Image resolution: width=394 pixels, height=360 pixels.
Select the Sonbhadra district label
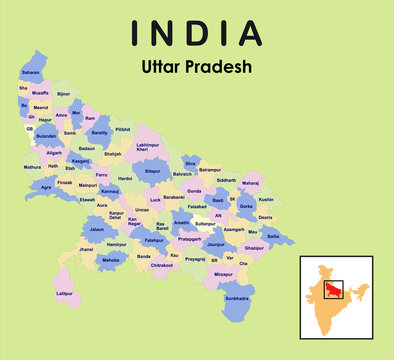[238, 299]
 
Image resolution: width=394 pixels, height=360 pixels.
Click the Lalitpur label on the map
[65, 294]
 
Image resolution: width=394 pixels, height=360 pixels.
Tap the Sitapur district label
[152, 171]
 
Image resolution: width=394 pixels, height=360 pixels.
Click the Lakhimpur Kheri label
[148, 148]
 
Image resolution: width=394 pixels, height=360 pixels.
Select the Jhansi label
[86, 248]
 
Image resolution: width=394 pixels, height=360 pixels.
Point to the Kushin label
[266, 200]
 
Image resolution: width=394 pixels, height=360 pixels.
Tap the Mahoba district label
[112, 260]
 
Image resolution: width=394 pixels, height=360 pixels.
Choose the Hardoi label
[124, 179]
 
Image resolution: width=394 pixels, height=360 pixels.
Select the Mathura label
[33, 167]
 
